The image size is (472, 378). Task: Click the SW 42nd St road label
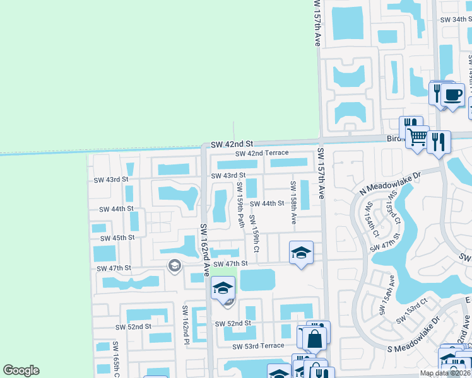pyautogui.click(x=232, y=144)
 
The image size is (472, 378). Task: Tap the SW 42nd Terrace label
pyautogui.click(x=262, y=153)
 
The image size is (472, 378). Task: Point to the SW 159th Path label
pyautogui.click(x=240, y=205)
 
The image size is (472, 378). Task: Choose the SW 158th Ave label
pyautogui.click(x=293, y=202)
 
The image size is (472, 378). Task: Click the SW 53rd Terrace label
pyautogui.click(x=258, y=346)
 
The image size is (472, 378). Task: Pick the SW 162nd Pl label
pyautogui.click(x=186, y=324)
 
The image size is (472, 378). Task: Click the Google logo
pyautogui.click(x=21, y=370)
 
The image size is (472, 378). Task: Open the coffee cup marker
pyautogui.click(x=452, y=96)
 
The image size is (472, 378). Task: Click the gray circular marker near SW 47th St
pyautogui.click(x=174, y=266)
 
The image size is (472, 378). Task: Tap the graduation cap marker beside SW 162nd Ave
pyautogui.click(x=223, y=289)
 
